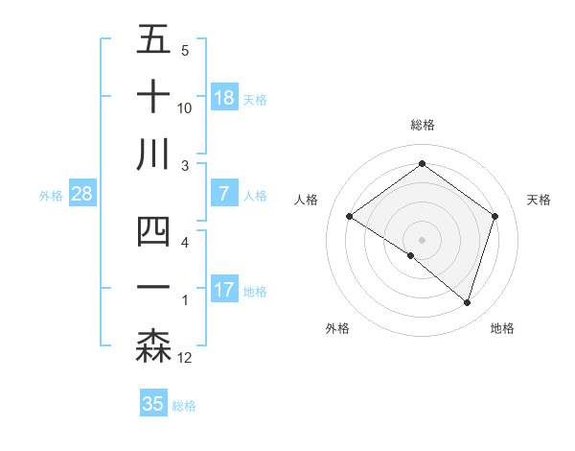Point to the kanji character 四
click(x=153, y=233)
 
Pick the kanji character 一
click(x=153, y=289)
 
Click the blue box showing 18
click(x=224, y=98)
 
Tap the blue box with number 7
click(x=224, y=194)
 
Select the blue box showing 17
click(x=224, y=290)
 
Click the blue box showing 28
click(x=82, y=194)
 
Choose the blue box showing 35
click(x=153, y=404)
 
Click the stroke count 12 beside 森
click(x=185, y=359)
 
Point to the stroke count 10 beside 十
click(x=185, y=107)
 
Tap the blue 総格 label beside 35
click(x=184, y=406)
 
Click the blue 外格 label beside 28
click(x=51, y=196)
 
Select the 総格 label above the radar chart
click(x=422, y=125)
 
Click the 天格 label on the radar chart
click(x=539, y=200)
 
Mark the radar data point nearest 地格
click(x=467, y=303)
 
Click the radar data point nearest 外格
click(x=411, y=256)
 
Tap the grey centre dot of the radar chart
click(x=422, y=239)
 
